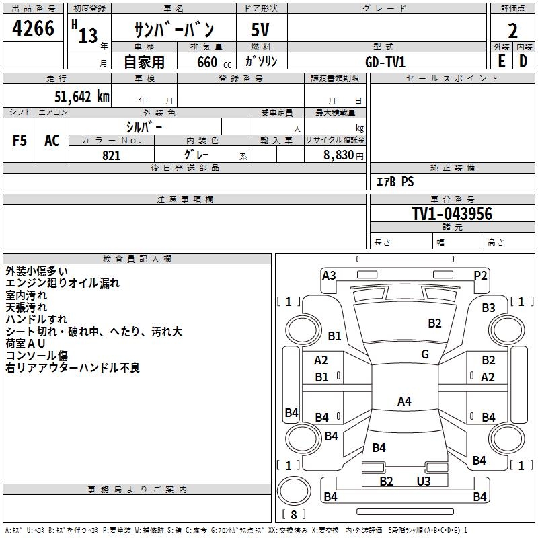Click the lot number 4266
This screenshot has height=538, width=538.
tap(33, 30)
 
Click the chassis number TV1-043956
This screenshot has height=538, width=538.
tap(452, 214)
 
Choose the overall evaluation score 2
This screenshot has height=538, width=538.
tap(512, 30)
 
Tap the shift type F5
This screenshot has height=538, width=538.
tap(20, 141)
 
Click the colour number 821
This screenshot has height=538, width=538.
tap(112, 155)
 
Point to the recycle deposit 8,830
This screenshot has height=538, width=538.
tap(339, 155)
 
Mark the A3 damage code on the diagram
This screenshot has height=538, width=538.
tap(329, 275)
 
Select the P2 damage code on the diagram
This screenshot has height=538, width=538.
tap(480, 275)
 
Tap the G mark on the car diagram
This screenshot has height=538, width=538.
tap(425, 354)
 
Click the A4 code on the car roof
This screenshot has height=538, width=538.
tap(404, 401)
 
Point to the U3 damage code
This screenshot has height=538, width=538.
tap(424, 481)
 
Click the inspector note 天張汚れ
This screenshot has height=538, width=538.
tap(26, 307)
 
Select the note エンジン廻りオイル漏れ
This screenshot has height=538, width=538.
tap(62, 283)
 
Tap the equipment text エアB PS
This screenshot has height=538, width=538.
tap(394, 182)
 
